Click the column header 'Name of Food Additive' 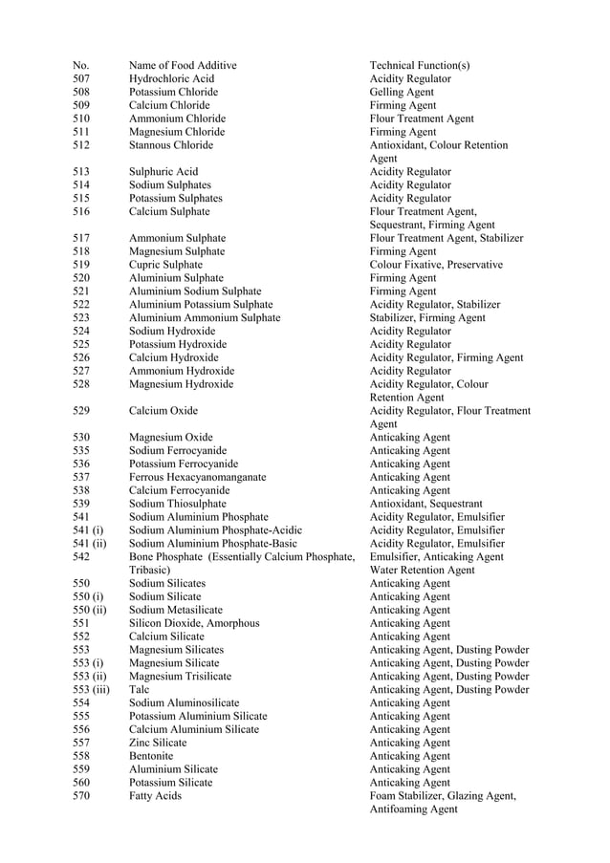click(x=183, y=65)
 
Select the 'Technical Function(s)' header click(x=419, y=65)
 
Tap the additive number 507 click(x=81, y=78)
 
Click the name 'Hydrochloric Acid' click(x=171, y=78)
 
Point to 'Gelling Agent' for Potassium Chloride click(x=402, y=92)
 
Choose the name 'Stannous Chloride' click(x=171, y=145)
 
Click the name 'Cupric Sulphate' click(x=165, y=265)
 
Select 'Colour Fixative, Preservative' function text click(x=436, y=265)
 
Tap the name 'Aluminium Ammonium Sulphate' click(x=205, y=317)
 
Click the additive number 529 click(x=81, y=411)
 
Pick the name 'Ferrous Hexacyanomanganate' click(x=198, y=477)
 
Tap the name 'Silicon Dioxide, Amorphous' click(x=194, y=623)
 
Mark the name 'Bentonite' click(x=151, y=756)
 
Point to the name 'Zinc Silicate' click(x=158, y=743)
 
